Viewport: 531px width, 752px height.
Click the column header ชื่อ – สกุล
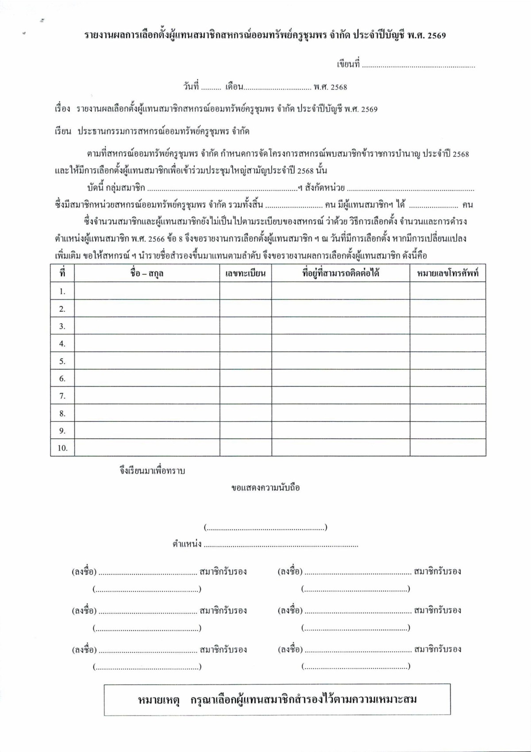pos(147,273)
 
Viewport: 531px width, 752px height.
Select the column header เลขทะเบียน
pos(246,273)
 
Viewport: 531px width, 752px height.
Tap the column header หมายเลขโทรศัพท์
pos(448,273)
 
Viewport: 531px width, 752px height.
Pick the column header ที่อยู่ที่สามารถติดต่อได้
pos(340,273)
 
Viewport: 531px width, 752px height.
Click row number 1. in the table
pos(62,291)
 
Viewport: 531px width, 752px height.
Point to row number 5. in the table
pos(62,361)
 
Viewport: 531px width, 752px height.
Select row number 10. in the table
pos(62,448)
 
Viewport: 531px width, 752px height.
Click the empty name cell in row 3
pos(147,326)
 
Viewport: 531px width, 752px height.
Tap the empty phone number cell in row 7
pos(448,396)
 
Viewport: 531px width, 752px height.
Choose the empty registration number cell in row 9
pos(246,431)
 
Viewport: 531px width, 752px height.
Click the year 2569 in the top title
pos(437,36)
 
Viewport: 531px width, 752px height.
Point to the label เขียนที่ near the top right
pos(348,65)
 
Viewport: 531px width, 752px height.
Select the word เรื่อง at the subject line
pos(62,109)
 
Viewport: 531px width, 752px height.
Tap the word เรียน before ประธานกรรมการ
pos(63,131)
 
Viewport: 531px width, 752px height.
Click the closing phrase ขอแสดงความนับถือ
pos(265,488)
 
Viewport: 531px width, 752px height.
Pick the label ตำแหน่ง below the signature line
pos(187,544)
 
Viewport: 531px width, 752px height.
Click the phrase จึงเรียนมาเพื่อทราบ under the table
pos(152,470)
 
